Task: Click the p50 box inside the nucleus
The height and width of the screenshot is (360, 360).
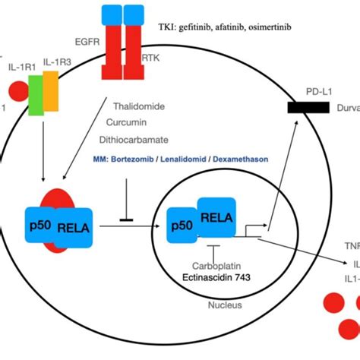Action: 181,226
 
